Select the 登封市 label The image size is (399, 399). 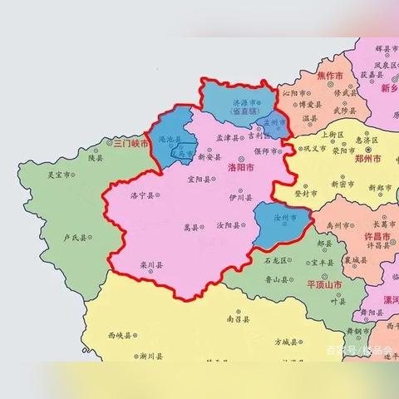click(305, 192)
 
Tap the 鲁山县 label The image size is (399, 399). click(283, 281)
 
